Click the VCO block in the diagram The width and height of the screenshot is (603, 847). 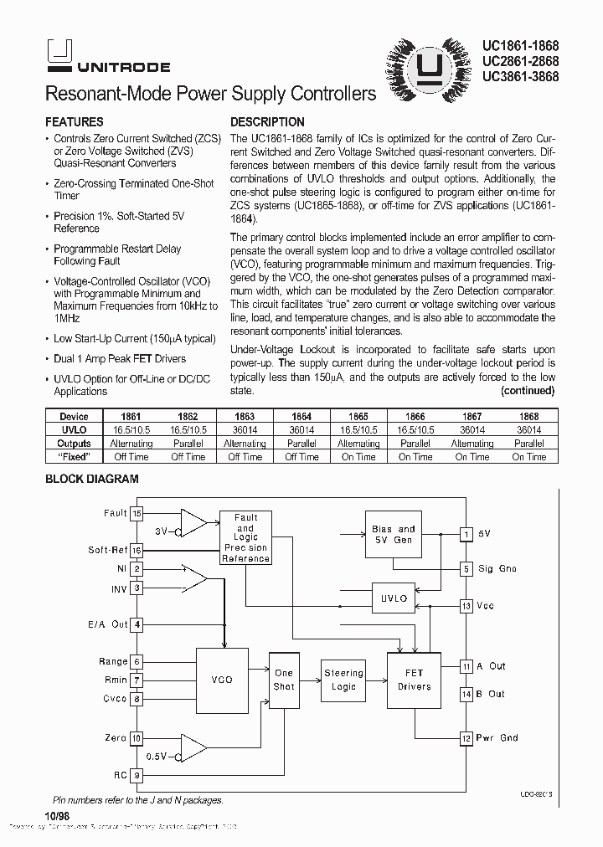pos(222,680)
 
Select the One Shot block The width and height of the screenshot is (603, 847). pos(284,680)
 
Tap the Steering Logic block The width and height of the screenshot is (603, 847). pos(343,680)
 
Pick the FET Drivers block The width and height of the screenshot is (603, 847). pos(414,680)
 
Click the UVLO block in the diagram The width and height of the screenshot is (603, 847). pos(394,598)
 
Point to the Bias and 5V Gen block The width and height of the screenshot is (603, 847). pos(393,535)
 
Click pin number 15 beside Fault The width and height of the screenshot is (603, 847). pos(137,513)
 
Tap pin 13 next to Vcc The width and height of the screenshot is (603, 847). pos(466,605)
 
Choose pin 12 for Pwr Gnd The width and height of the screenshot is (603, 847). pos(466,738)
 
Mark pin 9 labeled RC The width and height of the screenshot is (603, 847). pos(137,775)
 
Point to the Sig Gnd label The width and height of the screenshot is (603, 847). pos(497,569)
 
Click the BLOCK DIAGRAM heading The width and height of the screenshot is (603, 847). pos(91,480)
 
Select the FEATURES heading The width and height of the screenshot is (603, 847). pos(74,122)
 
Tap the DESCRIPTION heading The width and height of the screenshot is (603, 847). pos(267,122)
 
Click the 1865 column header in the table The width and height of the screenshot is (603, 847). pos(358,416)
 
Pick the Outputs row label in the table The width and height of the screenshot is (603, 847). pos(74,444)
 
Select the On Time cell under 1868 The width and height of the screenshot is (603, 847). pos(529,457)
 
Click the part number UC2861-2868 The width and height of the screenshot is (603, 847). pos(520,61)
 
